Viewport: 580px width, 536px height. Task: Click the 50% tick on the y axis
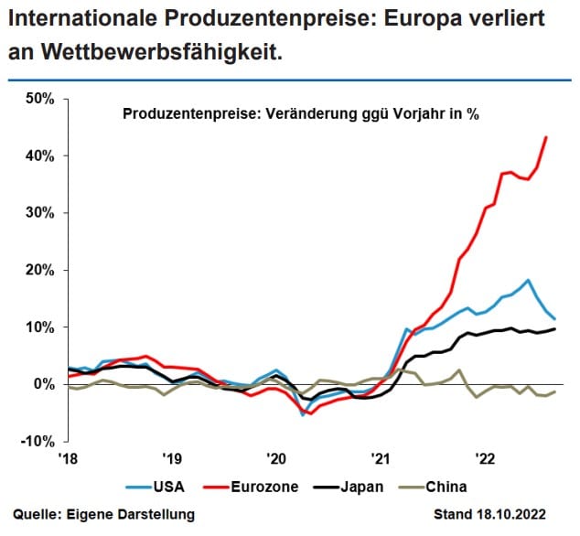pyautogui.click(x=37, y=99)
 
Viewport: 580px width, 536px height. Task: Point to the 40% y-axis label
pyautogui.click(x=37, y=155)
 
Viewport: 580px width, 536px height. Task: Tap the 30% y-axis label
pyautogui.click(x=37, y=212)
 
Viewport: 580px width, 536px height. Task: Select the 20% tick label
pyautogui.click(x=37, y=270)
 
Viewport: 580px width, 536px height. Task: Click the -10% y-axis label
pyautogui.click(x=35, y=441)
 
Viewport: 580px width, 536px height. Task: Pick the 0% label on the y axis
pyautogui.click(x=41, y=384)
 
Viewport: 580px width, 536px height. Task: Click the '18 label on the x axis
pyautogui.click(x=66, y=458)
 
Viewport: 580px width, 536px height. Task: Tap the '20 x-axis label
pyautogui.click(x=276, y=458)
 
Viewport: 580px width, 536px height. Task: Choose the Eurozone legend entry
pyautogui.click(x=267, y=486)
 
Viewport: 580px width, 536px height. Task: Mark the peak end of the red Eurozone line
pyautogui.click(x=546, y=137)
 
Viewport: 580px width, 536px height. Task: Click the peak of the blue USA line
pyautogui.click(x=528, y=280)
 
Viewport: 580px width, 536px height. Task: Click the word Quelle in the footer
pyautogui.click(x=38, y=515)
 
